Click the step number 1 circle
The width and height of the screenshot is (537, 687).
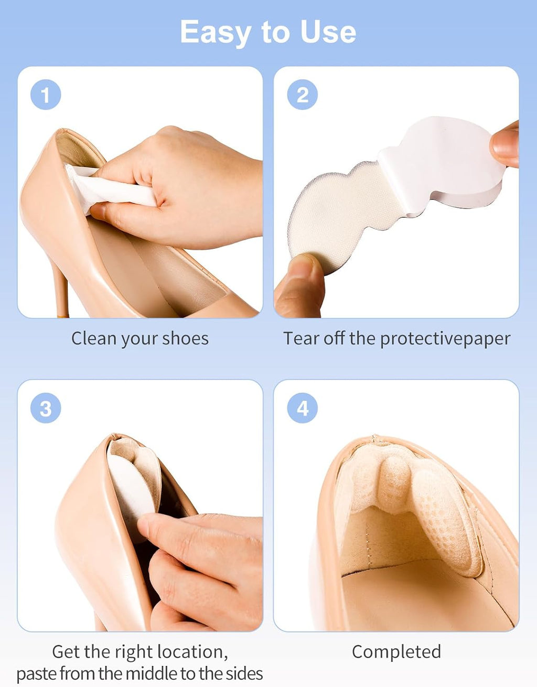point(46,94)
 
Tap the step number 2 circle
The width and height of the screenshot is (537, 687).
point(303,94)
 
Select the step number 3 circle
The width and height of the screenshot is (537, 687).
point(46,408)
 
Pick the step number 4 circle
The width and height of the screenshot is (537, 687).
point(303,408)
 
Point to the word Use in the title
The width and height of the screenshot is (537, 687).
point(328,31)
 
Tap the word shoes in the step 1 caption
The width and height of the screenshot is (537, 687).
point(185,339)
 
